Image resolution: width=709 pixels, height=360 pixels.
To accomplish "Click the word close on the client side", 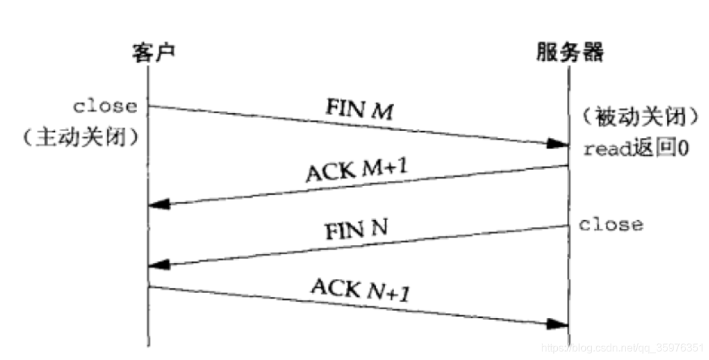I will pos(106,106).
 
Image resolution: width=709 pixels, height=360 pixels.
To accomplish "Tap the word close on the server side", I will pos(610,224).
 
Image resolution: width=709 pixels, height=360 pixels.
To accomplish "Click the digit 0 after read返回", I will pos(683,149).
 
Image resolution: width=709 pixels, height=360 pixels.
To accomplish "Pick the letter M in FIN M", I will pos(385,111).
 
